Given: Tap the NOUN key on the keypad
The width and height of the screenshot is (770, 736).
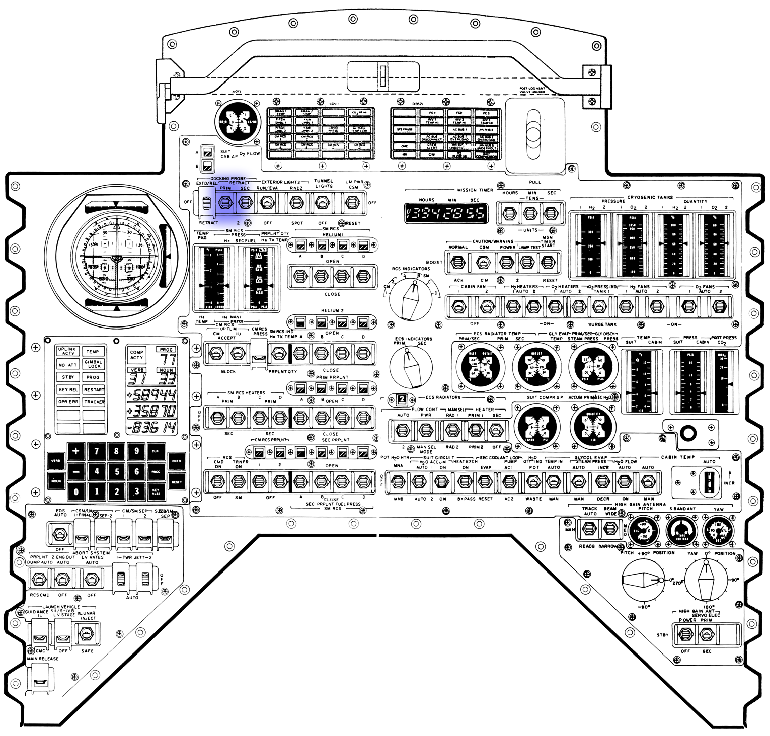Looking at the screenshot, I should tap(56, 481).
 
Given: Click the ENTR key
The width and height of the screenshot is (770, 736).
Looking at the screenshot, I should tap(177, 461).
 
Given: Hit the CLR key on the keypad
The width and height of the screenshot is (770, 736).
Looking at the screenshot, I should tap(156, 451).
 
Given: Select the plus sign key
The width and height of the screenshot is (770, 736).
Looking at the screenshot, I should tap(75, 451).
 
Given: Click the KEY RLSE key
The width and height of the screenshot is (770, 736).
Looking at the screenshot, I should tap(156, 492).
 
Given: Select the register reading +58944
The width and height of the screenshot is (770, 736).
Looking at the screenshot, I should tap(151, 394).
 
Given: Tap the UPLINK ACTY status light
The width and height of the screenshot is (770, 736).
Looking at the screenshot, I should tap(66, 351).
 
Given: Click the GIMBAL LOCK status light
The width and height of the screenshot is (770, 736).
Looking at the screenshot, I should tap(94, 364).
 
